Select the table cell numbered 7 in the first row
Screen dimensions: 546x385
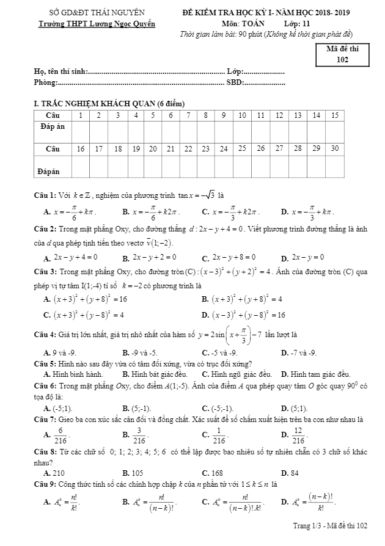click(170, 115)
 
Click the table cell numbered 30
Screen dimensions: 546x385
click(334, 148)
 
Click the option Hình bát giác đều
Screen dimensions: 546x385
click(155, 374)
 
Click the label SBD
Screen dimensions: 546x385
click(235, 82)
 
